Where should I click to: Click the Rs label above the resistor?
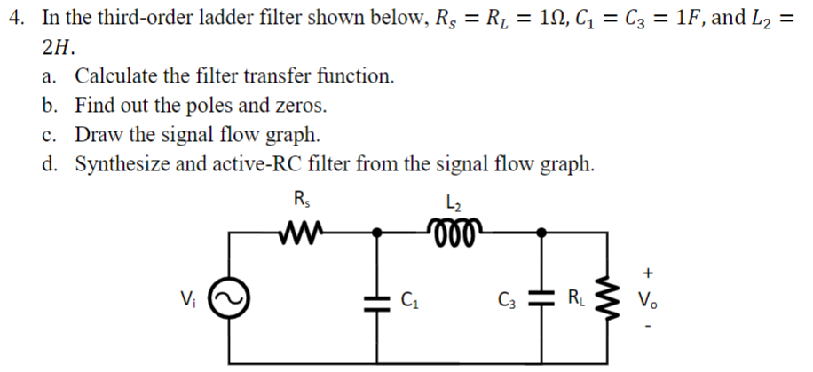click(x=299, y=199)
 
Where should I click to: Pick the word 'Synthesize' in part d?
click(x=117, y=164)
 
